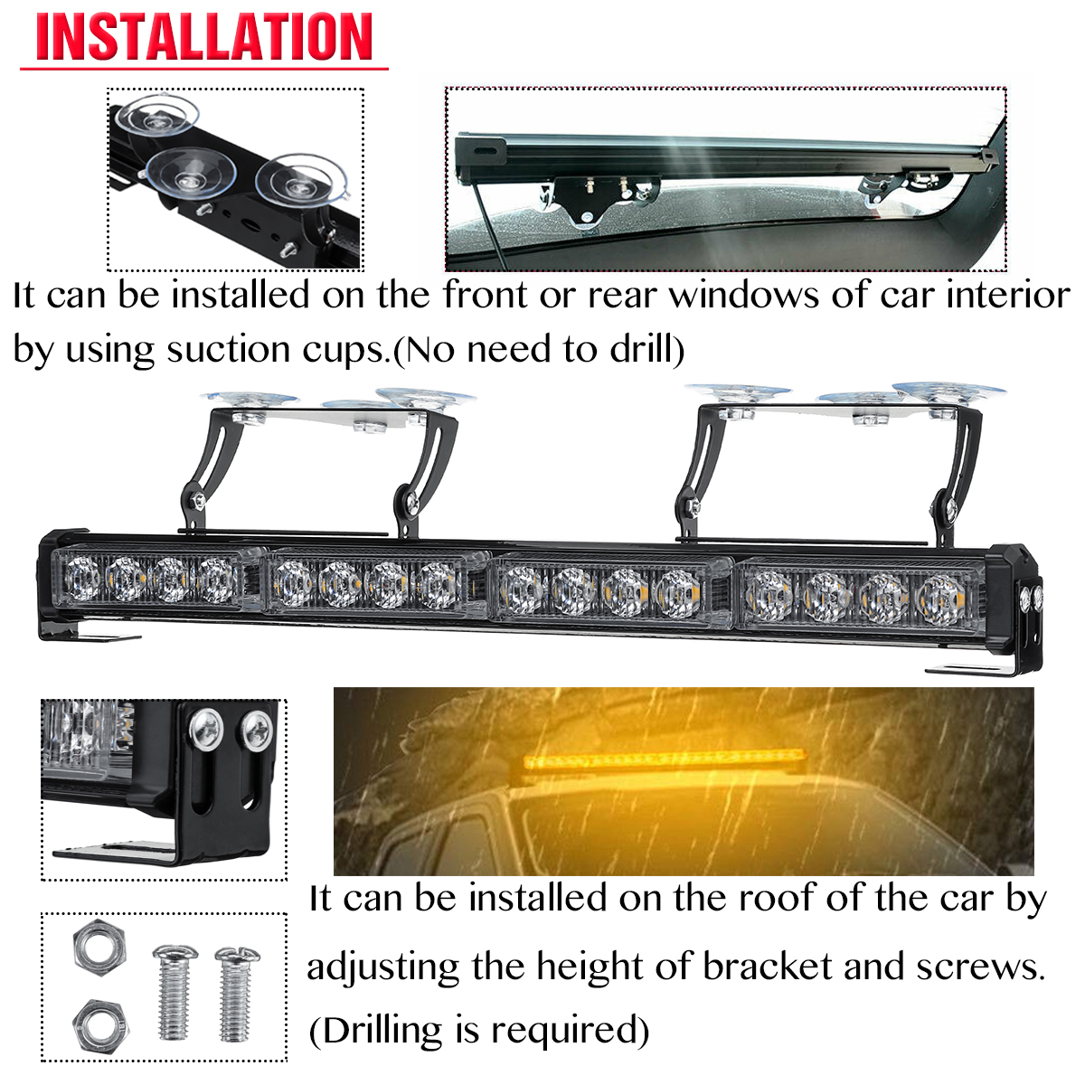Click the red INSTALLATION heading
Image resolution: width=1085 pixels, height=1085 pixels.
(x=204, y=38)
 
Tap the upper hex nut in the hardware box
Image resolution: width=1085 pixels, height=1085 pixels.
(x=99, y=946)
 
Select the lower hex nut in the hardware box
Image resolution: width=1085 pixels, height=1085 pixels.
(x=99, y=1022)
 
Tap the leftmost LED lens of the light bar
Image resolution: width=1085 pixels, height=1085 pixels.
(x=80, y=578)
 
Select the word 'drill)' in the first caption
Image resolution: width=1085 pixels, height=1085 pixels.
(x=646, y=349)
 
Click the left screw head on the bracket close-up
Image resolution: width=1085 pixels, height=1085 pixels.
(x=206, y=730)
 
